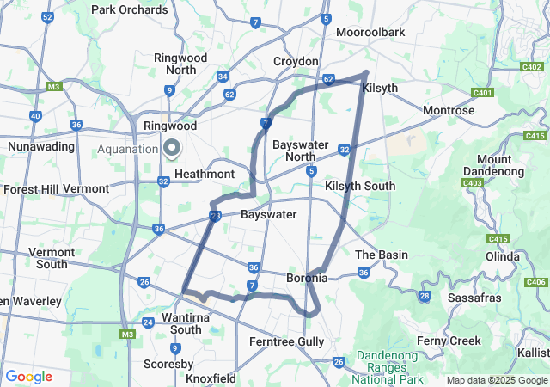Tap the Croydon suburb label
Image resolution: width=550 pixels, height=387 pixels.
296,62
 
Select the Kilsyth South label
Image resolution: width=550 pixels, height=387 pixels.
360,186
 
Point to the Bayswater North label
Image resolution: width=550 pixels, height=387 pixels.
300,150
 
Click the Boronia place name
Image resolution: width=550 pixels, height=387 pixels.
307,279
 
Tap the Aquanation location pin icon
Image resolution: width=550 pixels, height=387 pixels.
172,148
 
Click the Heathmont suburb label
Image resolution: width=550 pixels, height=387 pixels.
205,174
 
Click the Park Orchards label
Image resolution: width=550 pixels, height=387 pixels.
130,10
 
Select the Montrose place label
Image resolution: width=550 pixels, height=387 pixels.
449,111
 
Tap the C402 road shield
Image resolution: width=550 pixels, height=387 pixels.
531,65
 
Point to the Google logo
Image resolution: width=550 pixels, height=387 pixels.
28,377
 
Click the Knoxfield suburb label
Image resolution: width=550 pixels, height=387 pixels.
211,378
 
